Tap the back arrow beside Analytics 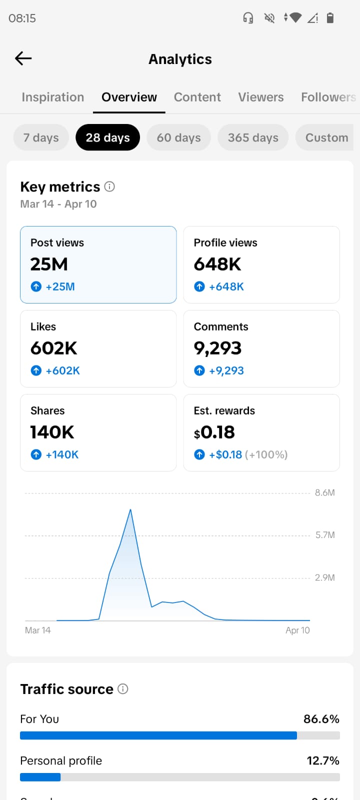tap(23, 58)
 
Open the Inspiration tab tap(52, 97)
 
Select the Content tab tap(197, 97)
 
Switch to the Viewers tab tap(260, 97)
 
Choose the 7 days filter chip tap(41, 137)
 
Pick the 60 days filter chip tap(178, 137)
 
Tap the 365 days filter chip tap(253, 137)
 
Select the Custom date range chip tap(326, 137)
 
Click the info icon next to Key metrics tap(109, 186)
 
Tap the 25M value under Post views tap(49, 264)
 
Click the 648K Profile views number tap(217, 264)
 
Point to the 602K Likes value tap(53, 348)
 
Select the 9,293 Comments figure tap(217, 348)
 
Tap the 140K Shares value tap(52, 432)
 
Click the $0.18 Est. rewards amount tap(214, 432)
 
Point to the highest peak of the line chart tap(130, 509)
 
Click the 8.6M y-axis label tap(324, 492)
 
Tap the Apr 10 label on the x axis tap(297, 630)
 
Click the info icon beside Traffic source tap(123, 689)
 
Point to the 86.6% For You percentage tap(321, 719)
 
